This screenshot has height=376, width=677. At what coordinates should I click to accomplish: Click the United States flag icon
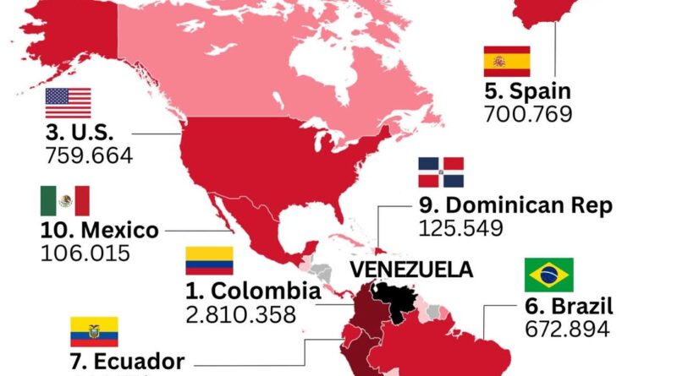[68, 103]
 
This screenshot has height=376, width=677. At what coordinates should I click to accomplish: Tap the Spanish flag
[507, 62]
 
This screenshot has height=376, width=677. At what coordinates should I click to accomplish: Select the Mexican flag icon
[64, 201]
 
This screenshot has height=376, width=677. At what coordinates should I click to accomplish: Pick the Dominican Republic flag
[441, 172]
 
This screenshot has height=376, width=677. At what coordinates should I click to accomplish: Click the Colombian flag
[209, 261]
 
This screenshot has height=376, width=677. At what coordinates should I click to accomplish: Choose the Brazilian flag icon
[548, 275]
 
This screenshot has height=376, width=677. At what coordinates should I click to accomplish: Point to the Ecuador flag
[94, 332]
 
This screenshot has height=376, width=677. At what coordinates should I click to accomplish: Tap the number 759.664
[91, 155]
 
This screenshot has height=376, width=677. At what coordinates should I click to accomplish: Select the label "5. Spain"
[528, 91]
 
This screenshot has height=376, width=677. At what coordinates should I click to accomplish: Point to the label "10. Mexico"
[99, 230]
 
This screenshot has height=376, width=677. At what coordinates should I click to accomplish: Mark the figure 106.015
[85, 253]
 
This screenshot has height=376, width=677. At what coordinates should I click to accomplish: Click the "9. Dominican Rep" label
[515, 205]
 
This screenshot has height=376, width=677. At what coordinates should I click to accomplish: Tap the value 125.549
[461, 227]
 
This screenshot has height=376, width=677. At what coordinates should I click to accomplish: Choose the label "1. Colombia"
[253, 292]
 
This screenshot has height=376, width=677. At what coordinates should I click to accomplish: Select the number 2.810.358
[241, 314]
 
